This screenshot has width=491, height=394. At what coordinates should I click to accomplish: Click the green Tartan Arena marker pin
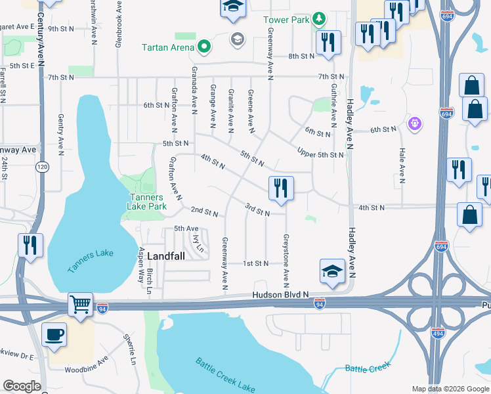(204, 47)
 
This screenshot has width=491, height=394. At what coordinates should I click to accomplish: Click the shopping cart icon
(81, 303)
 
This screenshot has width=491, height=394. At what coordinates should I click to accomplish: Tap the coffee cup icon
(54, 334)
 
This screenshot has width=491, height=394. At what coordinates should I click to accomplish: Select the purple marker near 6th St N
(414, 123)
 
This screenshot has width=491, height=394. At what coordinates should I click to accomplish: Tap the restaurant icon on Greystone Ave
(281, 188)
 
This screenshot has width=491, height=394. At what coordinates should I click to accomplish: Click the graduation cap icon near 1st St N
(333, 270)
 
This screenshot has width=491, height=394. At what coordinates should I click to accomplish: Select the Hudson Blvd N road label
(280, 296)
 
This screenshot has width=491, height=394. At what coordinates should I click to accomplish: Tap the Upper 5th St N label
(320, 155)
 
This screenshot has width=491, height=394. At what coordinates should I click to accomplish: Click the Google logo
(22, 386)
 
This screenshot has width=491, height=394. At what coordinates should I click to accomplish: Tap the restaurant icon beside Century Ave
(30, 245)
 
